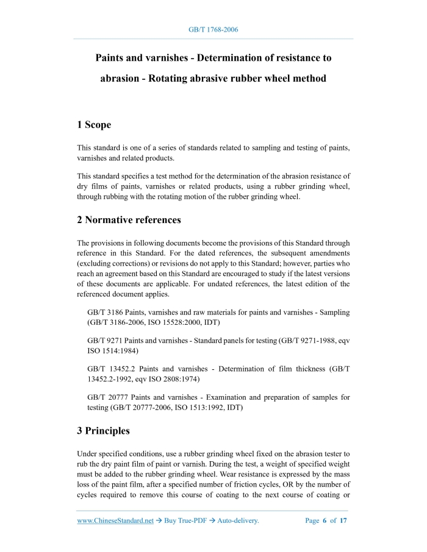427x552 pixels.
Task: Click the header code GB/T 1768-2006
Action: click(213, 29)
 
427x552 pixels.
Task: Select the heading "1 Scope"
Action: click(94, 125)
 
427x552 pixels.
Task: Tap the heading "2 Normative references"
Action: click(129, 219)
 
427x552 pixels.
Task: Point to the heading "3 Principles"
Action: click(103, 431)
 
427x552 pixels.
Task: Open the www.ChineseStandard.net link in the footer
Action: click(115, 521)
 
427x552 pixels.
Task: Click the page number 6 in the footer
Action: click(325, 521)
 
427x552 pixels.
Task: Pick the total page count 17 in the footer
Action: click(343, 521)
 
